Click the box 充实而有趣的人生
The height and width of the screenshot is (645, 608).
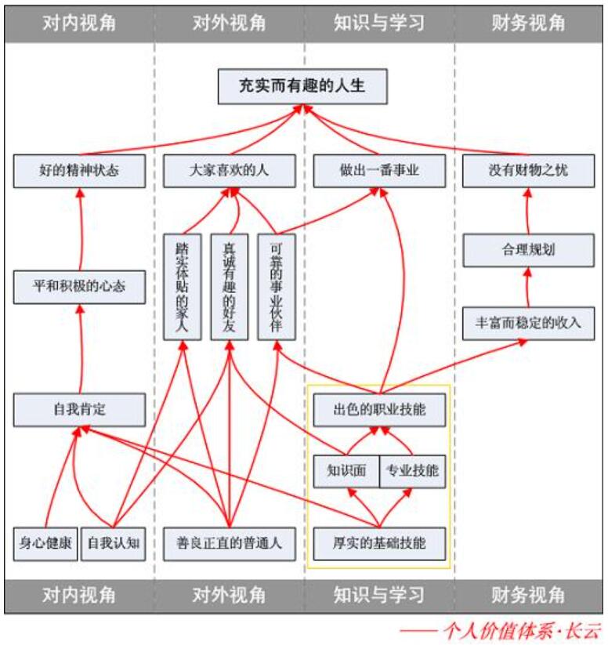(x=302, y=86)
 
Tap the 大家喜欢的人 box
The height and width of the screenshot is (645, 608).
(x=229, y=171)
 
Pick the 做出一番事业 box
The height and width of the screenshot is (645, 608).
(x=379, y=171)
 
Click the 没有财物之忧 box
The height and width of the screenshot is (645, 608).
(x=528, y=171)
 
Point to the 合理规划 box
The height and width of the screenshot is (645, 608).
(x=527, y=251)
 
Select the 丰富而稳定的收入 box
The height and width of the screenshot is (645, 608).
(x=528, y=323)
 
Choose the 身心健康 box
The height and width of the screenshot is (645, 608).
(x=45, y=543)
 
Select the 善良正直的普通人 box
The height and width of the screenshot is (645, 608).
(x=229, y=543)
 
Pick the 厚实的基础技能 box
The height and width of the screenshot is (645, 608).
(x=379, y=543)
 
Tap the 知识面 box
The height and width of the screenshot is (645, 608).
(x=346, y=473)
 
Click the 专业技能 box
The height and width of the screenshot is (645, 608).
(x=412, y=473)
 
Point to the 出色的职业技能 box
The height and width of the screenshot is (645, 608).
(x=379, y=409)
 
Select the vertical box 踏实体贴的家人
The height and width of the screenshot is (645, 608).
(x=182, y=287)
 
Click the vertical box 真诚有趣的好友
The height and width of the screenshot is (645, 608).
(x=229, y=287)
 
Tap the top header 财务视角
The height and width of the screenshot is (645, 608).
(x=528, y=23)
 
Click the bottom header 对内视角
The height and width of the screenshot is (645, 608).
(x=79, y=596)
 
